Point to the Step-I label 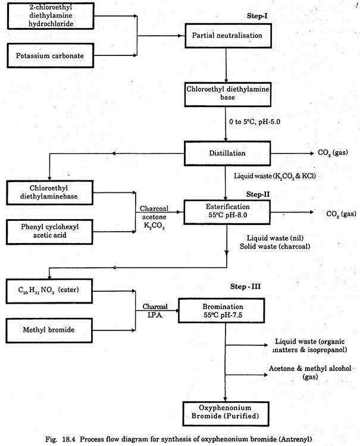tap(257, 16)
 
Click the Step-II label tap(258, 194)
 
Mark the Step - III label tap(245, 286)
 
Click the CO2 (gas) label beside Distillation tap(333, 153)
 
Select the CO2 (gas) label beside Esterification tap(341, 214)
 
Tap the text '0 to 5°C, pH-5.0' tap(255, 121)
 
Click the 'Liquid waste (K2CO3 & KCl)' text tap(275, 176)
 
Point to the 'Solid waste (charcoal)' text tap(275, 247)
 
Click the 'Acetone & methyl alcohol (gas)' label tap(310, 373)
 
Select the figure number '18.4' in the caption tap(68, 439)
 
